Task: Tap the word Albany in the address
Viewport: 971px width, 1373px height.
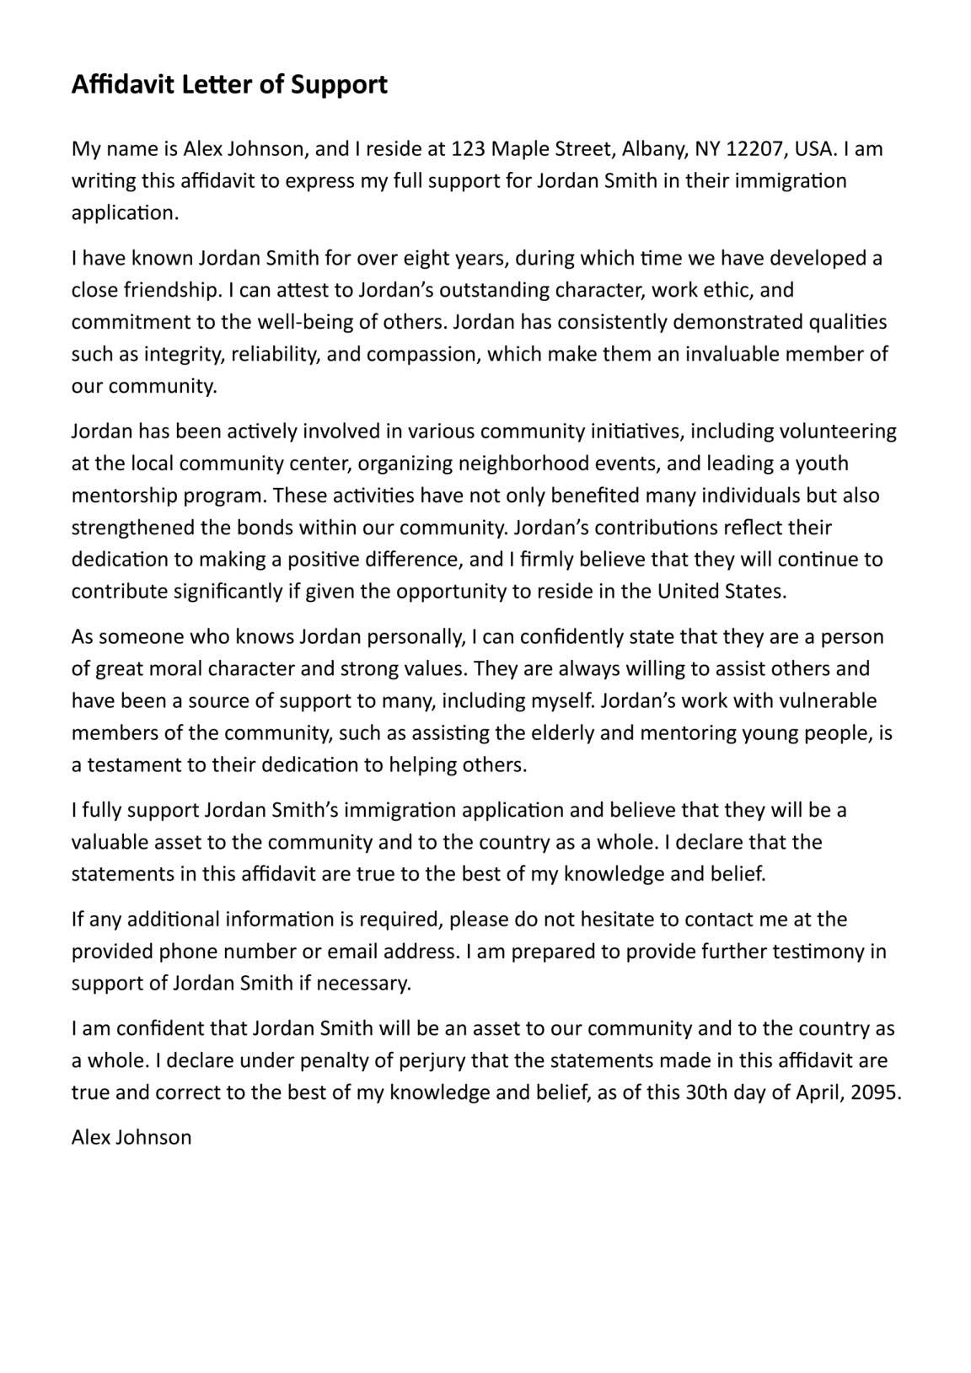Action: pos(654,149)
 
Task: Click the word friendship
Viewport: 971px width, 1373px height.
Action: pos(172,290)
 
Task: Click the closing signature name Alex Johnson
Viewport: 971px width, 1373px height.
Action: pos(131,1138)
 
